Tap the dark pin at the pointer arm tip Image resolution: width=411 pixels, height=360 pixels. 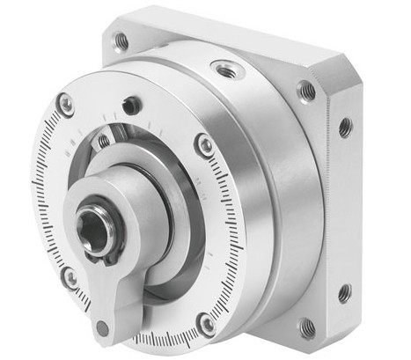(x=102, y=327)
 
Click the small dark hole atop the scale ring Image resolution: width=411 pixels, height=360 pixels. (x=132, y=106)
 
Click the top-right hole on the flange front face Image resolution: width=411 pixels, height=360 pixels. (x=307, y=89)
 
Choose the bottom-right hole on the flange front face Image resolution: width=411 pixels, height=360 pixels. (x=307, y=328)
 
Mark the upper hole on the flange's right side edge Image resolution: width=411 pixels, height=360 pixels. (x=345, y=128)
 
